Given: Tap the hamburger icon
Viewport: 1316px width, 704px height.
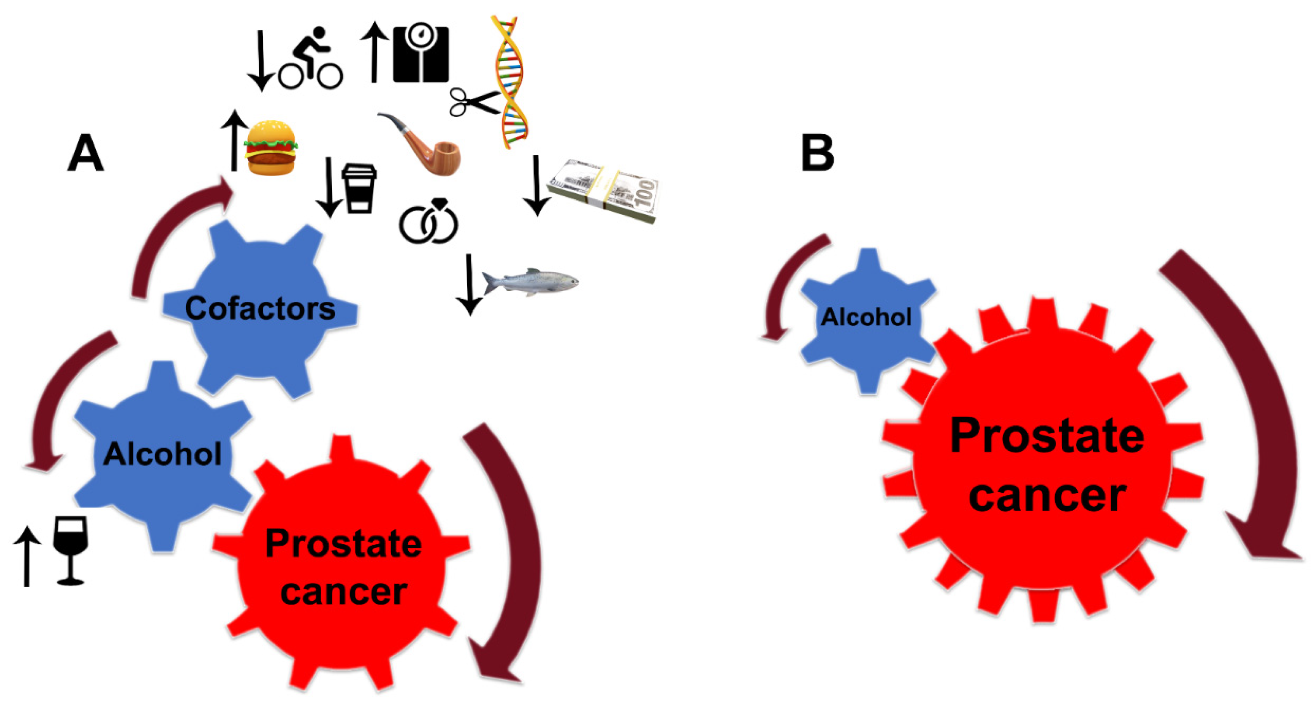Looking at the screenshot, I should (x=271, y=149).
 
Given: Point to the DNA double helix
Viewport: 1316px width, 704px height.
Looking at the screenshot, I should (x=510, y=82).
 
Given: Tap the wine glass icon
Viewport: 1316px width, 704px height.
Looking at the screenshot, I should (x=71, y=550).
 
